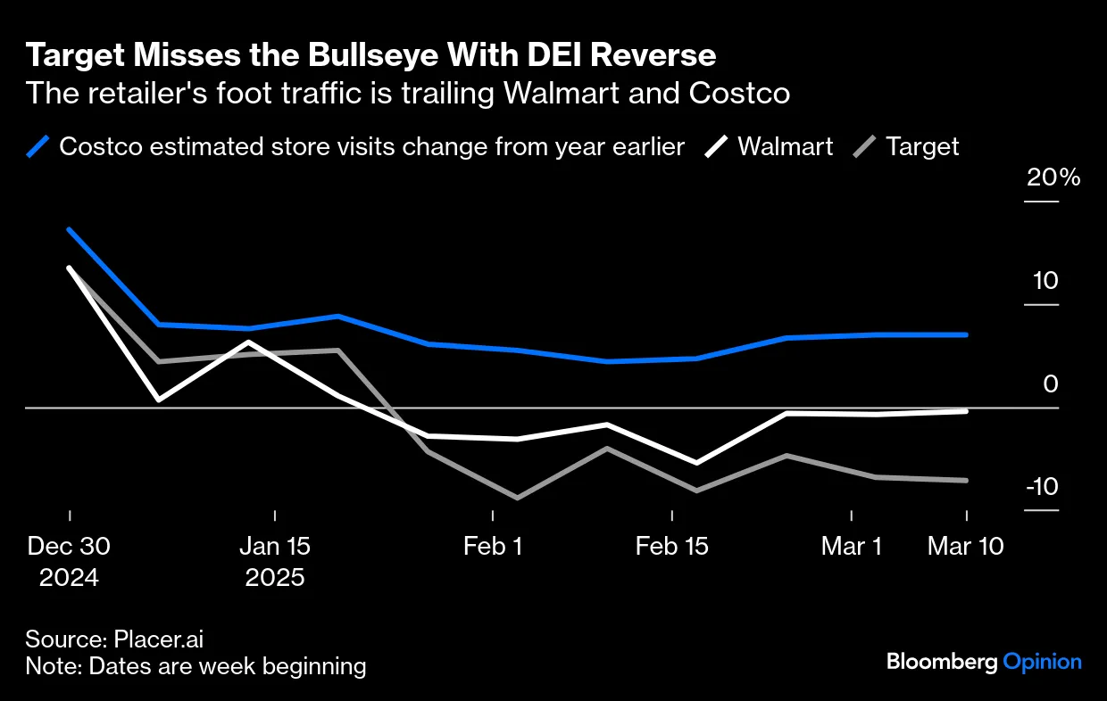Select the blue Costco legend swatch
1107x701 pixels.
37,146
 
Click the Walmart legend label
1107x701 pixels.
785,146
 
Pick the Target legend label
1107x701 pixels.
922,146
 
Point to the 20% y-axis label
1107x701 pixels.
1053,177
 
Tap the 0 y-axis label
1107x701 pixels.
1050,384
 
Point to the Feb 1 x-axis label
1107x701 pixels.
493,546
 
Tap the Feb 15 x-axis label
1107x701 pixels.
671,546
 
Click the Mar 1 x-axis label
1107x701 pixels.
852,546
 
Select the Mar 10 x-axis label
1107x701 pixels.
966,546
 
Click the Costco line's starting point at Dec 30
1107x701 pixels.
69,229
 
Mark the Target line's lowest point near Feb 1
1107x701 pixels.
518,498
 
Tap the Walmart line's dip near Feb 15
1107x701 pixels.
696,463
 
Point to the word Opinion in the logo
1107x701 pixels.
1042,662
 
